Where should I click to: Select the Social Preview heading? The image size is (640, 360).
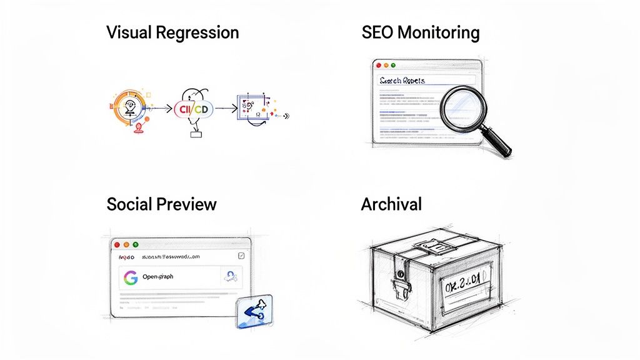click(161, 204)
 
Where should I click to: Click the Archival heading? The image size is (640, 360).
click(391, 204)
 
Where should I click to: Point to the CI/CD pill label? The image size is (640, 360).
click(194, 109)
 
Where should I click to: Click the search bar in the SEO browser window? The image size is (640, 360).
click(422, 80)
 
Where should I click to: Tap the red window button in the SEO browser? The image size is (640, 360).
click(377, 64)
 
